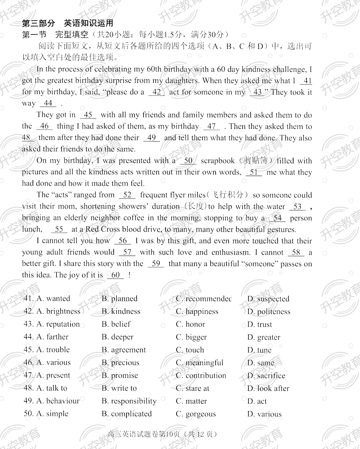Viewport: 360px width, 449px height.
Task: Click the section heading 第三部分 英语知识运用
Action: click(68, 23)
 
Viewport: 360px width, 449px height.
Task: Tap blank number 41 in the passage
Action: click(307, 81)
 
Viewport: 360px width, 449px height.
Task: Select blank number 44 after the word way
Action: click(48, 103)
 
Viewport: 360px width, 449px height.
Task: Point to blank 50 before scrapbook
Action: click(188, 161)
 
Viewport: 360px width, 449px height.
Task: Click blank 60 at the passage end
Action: click(115, 275)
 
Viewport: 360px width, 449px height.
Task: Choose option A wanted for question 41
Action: click(53, 299)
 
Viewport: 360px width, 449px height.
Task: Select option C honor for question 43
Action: click(190, 324)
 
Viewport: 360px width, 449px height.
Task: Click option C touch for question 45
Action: click(190, 350)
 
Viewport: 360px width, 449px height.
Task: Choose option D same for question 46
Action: click(261, 363)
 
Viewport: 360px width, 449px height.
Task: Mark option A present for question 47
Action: click(53, 375)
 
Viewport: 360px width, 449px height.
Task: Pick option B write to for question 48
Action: click(119, 388)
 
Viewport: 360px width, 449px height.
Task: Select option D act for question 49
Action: click(257, 401)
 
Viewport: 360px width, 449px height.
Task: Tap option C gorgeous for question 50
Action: click(196, 414)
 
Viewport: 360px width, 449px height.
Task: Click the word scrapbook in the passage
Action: click(217, 161)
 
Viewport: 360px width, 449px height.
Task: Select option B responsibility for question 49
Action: click(129, 401)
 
